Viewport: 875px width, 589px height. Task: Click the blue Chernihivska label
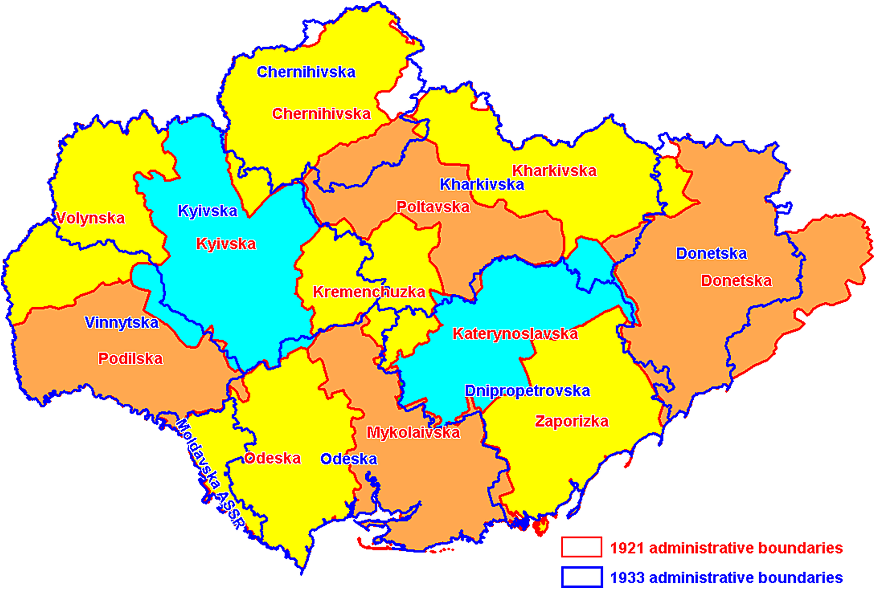(306, 72)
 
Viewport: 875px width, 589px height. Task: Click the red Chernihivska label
(321, 114)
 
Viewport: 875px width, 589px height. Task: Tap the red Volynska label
(90, 218)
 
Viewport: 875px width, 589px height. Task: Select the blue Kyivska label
(207, 211)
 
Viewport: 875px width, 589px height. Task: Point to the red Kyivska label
(226, 244)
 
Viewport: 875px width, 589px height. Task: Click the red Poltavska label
(433, 207)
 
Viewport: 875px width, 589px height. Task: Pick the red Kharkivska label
(554, 171)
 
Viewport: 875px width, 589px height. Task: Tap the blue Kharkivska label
(482, 185)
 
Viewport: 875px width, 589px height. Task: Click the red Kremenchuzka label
(368, 292)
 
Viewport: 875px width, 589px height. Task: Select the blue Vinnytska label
(121, 323)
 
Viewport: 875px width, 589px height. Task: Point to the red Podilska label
(130, 359)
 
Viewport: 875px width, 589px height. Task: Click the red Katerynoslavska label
(515, 334)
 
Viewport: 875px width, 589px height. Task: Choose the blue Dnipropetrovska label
(527, 391)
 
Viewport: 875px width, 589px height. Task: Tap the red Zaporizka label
(571, 422)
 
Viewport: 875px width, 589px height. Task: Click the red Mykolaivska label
(413, 433)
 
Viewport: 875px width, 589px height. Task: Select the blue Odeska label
(349, 459)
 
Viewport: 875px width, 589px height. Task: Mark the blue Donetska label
(711, 254)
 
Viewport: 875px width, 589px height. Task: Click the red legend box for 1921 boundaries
(582, 548)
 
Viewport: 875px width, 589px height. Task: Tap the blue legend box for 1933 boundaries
(582, 577)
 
